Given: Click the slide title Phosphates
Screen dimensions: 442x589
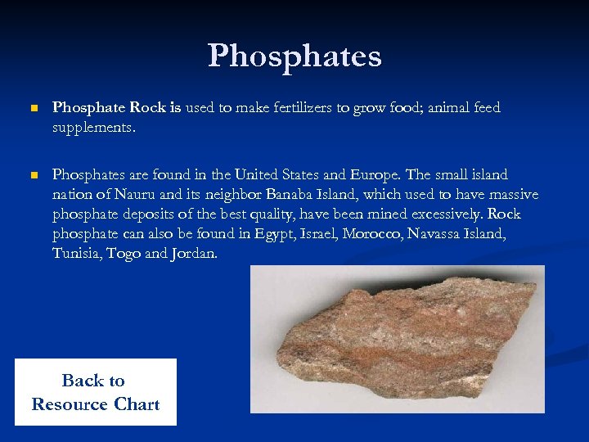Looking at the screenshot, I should coord(294,56).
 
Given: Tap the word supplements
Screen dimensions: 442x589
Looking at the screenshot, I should coord(92,129).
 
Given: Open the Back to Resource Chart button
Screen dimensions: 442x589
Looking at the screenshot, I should coord(95,392).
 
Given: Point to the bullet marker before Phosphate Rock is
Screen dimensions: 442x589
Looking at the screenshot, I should coord(33,108).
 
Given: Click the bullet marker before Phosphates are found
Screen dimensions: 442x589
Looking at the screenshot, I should coord(33,175).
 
